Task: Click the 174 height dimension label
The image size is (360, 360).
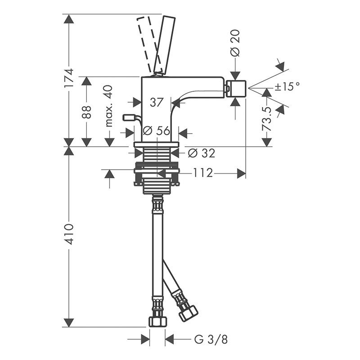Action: [x=69, y=77]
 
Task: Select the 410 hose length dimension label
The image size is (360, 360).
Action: [x=69, y=234]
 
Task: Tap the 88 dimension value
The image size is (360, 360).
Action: [x=86, y=112]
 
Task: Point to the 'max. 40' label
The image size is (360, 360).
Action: [x=109, y=106]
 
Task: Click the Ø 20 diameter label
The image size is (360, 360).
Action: [x=235, y=43]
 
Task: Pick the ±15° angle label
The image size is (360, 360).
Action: [x=287, y=86]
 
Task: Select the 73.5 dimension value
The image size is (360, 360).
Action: [x=267, y=119]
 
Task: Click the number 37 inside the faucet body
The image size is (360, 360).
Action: [x=157, y=102]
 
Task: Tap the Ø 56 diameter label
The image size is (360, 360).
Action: [x=156, y=130]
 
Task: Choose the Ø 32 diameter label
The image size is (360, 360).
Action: [x=202, y=153]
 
